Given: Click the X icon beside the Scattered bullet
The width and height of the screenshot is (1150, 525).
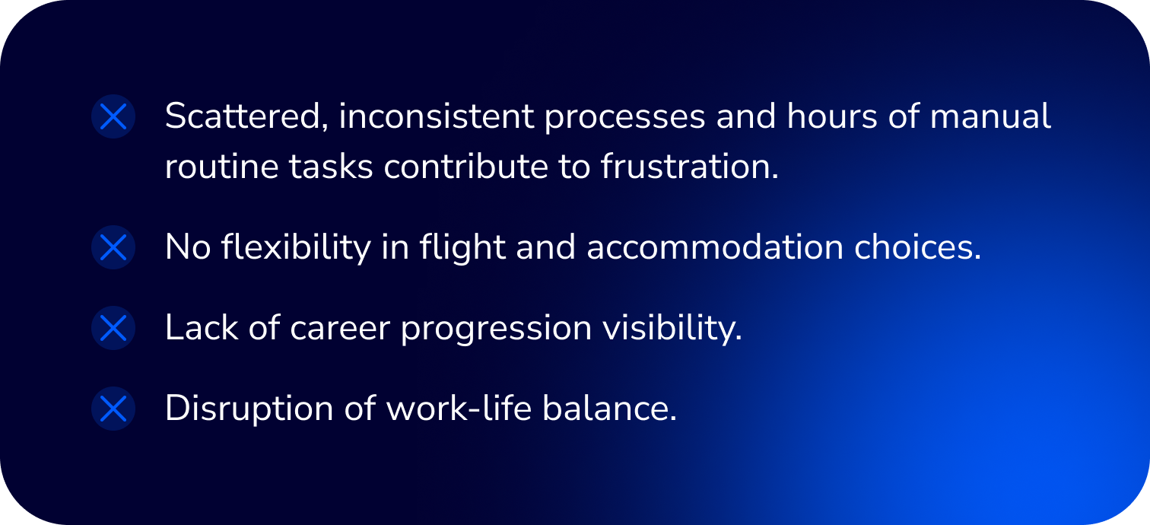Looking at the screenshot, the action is (x=113, y=116).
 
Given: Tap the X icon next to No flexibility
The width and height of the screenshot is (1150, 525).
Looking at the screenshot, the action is (x=113, y=247).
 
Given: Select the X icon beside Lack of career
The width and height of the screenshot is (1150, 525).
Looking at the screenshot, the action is (x=113, y=328).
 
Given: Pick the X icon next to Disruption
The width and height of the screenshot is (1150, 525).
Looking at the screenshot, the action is (x=113, y=409).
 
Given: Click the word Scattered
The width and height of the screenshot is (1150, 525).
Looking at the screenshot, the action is (x=246, y=116).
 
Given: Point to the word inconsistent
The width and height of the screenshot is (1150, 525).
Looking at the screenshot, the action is (x=437, y=116).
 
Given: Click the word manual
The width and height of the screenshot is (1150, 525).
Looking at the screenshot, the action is (x=990, y=116).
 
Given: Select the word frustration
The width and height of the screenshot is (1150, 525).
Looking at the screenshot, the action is (x=690, y=167).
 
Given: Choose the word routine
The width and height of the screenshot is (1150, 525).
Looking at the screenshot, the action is (x=222, y=167).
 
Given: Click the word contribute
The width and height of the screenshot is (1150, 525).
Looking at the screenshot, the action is (x=465, y=167).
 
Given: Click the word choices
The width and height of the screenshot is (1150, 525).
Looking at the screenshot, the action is (x=918, y=247).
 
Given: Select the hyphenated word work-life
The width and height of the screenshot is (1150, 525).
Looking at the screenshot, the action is (x=459, y=409).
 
